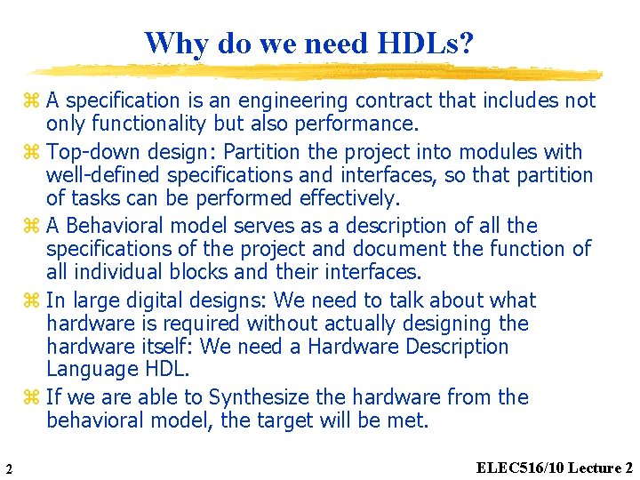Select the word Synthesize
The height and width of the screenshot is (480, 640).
tap(252, 397)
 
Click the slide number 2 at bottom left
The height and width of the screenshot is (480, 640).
tap(7, 469)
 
